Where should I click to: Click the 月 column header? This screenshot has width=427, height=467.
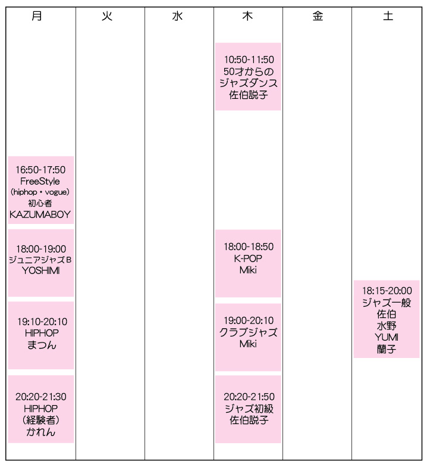[x=37, y=15]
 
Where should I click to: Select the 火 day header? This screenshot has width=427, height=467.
[x=107, y=15]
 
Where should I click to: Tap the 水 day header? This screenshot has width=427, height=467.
[x=177, y=15]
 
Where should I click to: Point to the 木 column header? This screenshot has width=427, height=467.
[x=247, y=15]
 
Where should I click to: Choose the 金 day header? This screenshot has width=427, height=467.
[x=318, y=15]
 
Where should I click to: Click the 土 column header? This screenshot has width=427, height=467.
[x=388, y=15]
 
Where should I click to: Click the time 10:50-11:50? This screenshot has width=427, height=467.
[x=249, y=60]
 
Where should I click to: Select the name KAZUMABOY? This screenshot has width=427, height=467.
[x=40, y=214]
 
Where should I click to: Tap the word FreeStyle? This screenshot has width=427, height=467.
[x=40, y=181]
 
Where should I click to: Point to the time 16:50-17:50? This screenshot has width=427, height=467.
[x=40, y=170]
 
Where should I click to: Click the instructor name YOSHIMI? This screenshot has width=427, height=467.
[x=40, y=270]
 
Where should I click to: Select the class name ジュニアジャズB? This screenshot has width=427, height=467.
[x=40, y=260]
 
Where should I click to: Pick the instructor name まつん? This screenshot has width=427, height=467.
[x=42, y=345]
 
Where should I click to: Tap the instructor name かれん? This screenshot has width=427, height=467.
[x=40, y=432]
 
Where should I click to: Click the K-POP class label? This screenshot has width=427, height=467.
[x=248, y=259]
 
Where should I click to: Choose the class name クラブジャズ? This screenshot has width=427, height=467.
[x=249, y=332]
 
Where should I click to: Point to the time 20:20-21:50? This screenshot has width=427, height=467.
[x=249, y=397]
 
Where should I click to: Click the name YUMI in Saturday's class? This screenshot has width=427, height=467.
[x=387, y=337]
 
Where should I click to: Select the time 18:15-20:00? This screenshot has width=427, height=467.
[x=387, y=291]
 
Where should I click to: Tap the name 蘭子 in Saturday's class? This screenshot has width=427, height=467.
[x=387, y=349]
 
